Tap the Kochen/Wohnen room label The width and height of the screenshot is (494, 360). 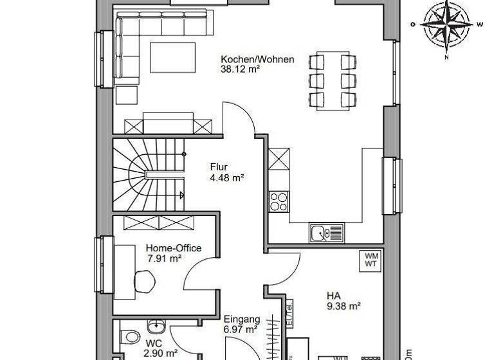point(257,60)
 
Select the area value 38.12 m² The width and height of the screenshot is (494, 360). point(240,71)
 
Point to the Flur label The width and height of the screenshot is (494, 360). point(219,168)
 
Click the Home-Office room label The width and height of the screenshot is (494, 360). point(173,248)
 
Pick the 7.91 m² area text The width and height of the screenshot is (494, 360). point(165,259)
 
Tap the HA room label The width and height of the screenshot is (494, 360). point(333,296)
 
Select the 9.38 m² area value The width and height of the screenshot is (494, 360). point(343,307)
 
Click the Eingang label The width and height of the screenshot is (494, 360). point(241,319)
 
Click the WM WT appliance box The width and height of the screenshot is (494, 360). point(371,260)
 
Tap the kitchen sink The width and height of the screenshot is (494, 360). point(325,232)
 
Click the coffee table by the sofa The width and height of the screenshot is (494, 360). point(172,56)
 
